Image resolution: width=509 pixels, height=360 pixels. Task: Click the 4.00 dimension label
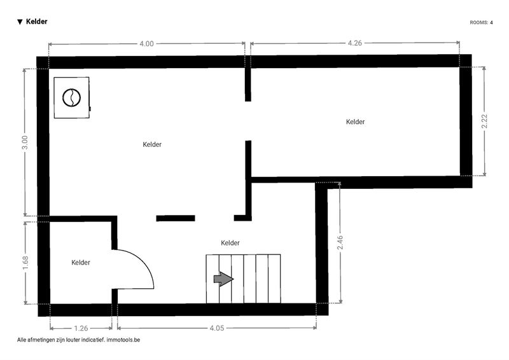(146, 43)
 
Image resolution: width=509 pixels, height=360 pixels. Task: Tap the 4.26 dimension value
(355, 43)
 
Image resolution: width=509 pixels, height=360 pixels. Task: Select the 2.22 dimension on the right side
(484, 121)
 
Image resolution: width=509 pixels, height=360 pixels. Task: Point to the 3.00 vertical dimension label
(25, 142)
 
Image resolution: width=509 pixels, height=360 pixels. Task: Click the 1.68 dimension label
(25, 263)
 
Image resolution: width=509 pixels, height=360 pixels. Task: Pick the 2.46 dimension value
(340, 242)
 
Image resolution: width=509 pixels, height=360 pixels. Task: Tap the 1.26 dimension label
(81, 328)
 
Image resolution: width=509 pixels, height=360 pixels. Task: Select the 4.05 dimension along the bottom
(216, 328)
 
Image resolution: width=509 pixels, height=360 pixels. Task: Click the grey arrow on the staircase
(224, 279)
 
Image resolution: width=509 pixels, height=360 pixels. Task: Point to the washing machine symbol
(72, 98)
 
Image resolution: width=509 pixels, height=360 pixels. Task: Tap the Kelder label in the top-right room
(355, 121)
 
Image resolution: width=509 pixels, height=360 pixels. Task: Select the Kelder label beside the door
(81, 262)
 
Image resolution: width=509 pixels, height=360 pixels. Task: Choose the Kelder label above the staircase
(230, 243)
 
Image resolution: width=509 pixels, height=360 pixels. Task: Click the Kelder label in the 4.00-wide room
(152, 144)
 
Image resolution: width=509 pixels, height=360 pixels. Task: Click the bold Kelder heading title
(37, 22)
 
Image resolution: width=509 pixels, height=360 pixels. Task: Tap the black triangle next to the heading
(20, 22)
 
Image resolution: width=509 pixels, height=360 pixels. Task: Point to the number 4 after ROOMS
(491, 22)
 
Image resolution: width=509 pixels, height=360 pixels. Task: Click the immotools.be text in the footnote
(123, 340)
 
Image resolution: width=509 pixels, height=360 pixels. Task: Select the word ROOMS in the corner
(479, 22)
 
